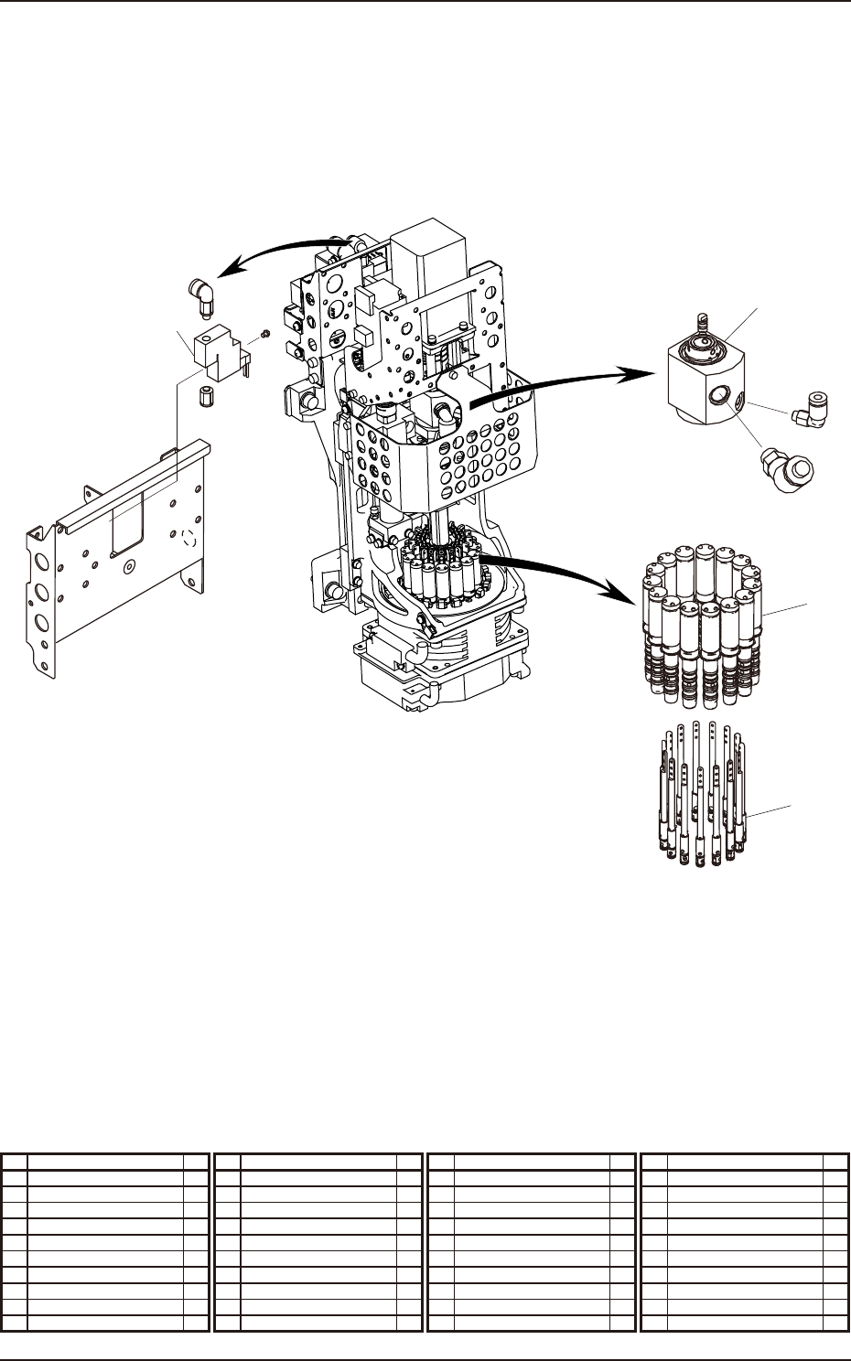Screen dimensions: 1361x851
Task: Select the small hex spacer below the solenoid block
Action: click(x=208, y=397)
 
